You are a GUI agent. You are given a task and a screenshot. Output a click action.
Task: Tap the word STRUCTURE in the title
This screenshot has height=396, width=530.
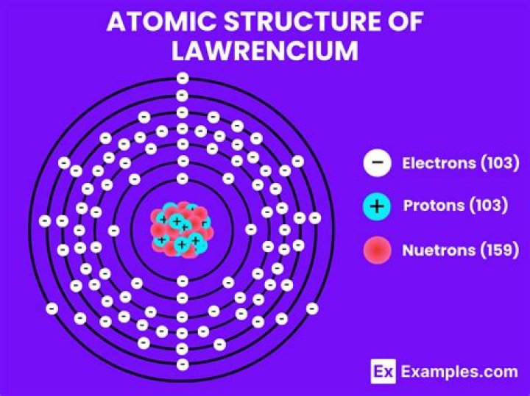click(301, 21)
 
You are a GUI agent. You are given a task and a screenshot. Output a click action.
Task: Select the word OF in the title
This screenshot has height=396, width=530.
click(406, 21)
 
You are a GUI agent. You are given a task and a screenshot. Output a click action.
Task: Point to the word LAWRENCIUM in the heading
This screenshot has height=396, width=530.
click(265, 51)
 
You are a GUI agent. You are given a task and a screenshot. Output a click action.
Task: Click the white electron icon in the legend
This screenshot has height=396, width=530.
click(377, 162)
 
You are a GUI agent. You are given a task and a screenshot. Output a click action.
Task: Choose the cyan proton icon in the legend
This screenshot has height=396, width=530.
click(377, 206)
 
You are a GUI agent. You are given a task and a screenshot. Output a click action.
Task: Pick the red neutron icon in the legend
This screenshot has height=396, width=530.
click(377, 250)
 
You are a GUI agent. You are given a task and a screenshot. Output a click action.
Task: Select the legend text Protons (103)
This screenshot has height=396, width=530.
click(456, 206)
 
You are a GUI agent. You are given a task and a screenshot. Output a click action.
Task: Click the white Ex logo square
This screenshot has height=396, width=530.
click(383, 371)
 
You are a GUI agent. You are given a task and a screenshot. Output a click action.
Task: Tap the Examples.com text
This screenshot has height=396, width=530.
click(459, 372)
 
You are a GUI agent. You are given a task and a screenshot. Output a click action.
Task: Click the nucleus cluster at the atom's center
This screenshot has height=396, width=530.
click(182, 229)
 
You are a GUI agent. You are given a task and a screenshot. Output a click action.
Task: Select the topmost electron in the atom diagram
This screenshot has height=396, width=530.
click(183, 79)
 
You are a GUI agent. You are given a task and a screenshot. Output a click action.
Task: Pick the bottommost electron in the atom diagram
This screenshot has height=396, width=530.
click(183, 364)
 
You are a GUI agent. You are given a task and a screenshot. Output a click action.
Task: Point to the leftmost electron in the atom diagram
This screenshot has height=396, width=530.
click(45, 221)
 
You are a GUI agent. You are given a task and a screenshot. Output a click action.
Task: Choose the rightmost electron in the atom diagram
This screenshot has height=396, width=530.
click(315, 218)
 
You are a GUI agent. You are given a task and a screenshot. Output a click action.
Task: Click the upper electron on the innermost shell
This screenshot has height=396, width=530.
click(183, 179)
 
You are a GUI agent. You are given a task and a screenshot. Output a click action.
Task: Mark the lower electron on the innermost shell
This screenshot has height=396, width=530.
click(183, 281)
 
